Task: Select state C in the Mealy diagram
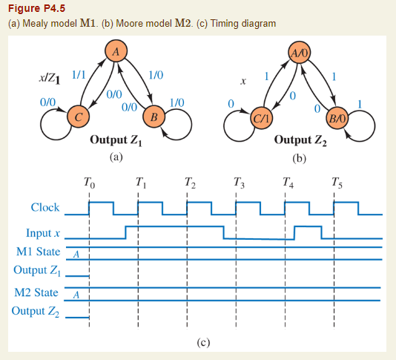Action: (x=76, y=116)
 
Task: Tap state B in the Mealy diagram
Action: (x=154, y=116)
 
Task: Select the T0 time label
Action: (x=89, y=182)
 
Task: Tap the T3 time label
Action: (x=237, y=182)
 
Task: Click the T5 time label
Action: (x=338, y=182)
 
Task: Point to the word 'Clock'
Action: (x=45, y=207)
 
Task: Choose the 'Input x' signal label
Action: (x=43, y=233)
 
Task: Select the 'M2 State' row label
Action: (x=36, y=292)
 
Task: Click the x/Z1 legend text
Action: (x=50, y=78)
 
